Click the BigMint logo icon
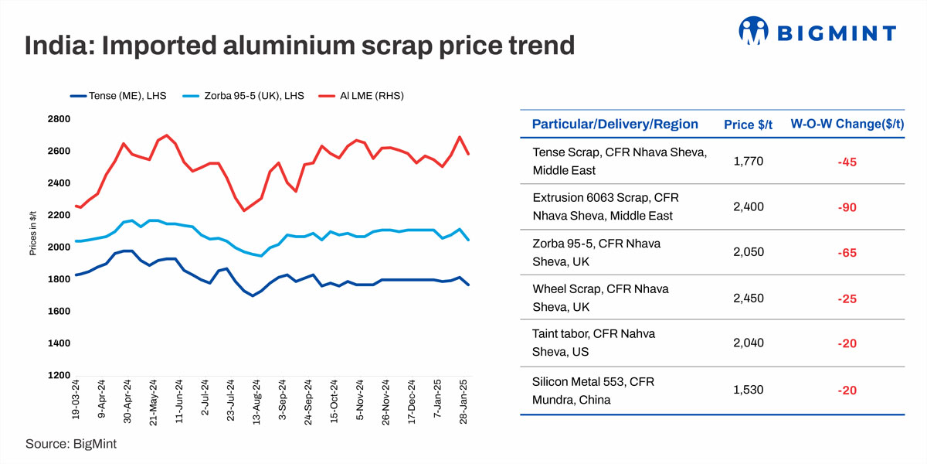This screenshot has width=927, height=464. click(754, 31)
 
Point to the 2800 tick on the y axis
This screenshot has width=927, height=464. click(58, 119)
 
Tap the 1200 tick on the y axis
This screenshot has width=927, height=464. click(58, 375)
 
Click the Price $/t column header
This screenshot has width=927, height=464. click(748, 125)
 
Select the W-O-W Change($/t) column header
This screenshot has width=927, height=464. click(847, 125)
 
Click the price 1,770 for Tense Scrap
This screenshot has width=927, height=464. click(748, 161)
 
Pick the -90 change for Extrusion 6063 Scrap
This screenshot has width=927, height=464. click(847, 207)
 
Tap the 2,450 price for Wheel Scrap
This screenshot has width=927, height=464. click(748, 298)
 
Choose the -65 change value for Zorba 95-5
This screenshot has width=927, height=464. click(847, 252)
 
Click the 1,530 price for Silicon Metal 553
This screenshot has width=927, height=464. click(748, 390)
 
